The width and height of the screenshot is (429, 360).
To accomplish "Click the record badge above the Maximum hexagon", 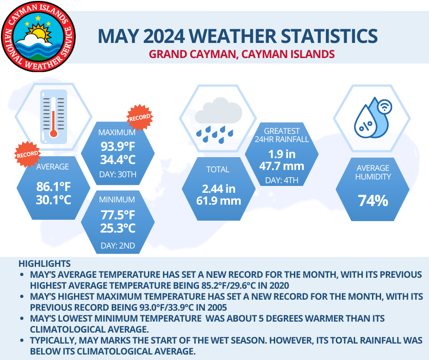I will coord(140,116).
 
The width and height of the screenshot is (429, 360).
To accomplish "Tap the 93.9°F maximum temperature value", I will coord(118,147).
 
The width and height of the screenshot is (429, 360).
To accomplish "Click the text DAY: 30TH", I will coord(118,174).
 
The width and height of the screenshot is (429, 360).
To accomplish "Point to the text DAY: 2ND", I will coord(118,246).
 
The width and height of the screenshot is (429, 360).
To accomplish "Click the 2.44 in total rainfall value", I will coord(218,188).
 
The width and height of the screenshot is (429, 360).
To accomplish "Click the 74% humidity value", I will coord(373,200).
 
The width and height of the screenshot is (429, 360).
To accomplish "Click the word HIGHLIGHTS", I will coord(44,264).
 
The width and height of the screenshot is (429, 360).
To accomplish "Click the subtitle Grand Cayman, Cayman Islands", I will coord(242,54).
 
